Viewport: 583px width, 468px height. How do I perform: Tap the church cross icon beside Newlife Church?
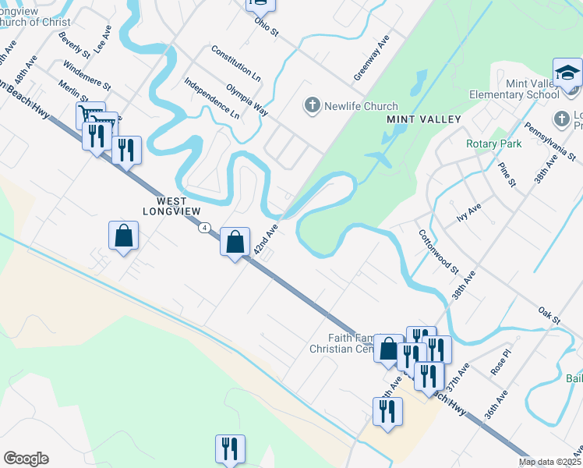(313, 105)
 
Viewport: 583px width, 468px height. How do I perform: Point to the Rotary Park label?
(493, 144)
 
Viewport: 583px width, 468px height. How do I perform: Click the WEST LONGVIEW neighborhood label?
(173, 205)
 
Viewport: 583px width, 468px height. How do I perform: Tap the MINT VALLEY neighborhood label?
(424, 119)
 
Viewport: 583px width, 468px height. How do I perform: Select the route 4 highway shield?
(204, 227)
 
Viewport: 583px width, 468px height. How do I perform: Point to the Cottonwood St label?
(437, 251)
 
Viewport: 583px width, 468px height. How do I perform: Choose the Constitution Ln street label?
(236, 64)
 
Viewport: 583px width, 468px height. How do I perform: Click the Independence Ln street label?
(212, 97)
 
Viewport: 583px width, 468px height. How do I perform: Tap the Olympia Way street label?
(247, 101)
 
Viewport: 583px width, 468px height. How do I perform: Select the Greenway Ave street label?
(371, 58)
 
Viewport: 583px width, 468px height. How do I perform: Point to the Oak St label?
(549, 316)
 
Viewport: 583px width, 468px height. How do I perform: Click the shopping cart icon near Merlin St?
(90, 115)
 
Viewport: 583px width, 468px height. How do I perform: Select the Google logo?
(26, 459)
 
